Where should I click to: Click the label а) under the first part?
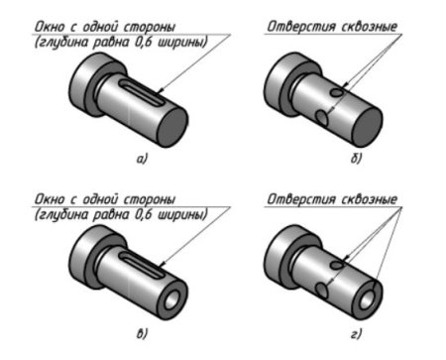pos(142,159)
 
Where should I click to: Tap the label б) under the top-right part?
pos(356,159)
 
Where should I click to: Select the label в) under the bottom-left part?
pos(142,333)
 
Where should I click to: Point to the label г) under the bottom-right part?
pos(356,334)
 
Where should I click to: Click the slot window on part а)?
pos(142,93)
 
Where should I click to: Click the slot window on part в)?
pos(142,265)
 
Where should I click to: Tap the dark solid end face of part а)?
pos(171,127)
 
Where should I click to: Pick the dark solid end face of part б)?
pos(367,127)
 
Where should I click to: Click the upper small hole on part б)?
pos(337,92)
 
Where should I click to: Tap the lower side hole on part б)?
pos(321,118)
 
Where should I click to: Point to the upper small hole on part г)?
pos(337,265)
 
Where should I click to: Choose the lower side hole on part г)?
pos(321,291)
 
